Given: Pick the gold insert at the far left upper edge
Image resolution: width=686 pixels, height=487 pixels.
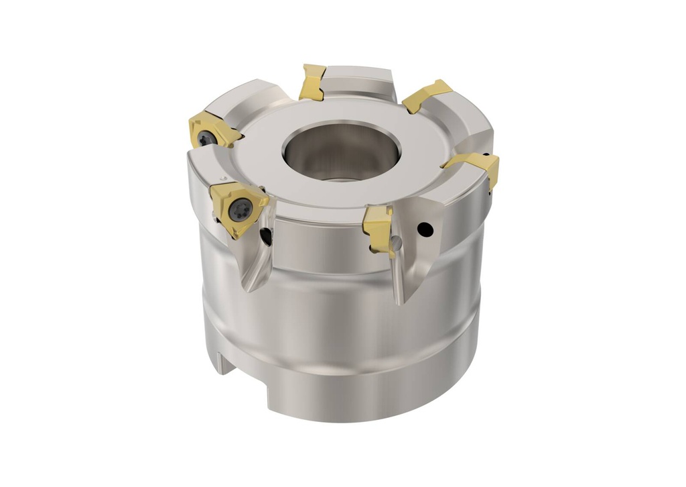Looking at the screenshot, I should pyautogui.click(x=211, y=131).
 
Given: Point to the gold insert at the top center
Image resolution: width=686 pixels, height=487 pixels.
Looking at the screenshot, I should pyautogui.click(x=312, y=82).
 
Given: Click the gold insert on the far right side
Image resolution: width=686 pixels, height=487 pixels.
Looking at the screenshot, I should pyautogui.click(x=477, y=166).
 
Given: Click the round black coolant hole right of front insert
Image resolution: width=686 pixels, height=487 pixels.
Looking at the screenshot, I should pyautogui.click(x=423, y=231).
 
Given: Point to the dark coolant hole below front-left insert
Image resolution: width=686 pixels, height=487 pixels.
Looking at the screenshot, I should pyautogui.click(x=267, y=236).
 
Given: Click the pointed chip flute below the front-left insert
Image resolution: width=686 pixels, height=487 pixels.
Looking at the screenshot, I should pyautogui.click(x=258, y=268).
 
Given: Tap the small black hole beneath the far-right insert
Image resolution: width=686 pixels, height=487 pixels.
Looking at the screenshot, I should pyautogui.click(x=491, y=193).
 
